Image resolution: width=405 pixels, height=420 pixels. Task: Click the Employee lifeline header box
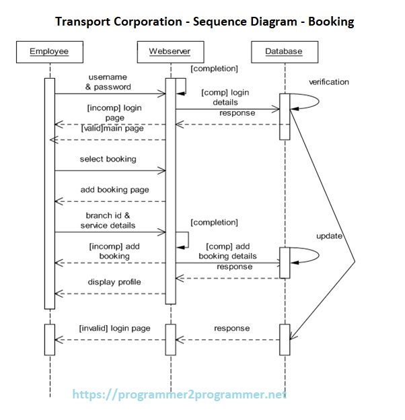coord(49,51)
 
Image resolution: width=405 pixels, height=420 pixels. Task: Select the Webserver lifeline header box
coord(170,51)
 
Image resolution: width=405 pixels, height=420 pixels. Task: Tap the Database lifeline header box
coord(283,51)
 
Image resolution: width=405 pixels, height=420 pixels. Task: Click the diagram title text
coord(205,22)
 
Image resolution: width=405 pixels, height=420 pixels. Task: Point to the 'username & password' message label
coord(108,82)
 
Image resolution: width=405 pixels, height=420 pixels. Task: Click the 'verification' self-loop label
coord(328,82)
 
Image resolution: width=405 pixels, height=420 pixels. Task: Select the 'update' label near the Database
coord(330,236)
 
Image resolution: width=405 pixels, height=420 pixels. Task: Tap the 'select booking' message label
coord(108,160)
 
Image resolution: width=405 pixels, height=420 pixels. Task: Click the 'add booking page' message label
coord(114,190)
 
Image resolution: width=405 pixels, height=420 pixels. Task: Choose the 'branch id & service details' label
coord(110,220)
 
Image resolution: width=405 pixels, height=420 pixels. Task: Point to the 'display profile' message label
coord(114,282)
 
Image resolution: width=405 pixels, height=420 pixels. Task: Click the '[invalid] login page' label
coord(114,328)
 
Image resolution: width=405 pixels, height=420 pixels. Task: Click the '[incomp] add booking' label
coord(114,251)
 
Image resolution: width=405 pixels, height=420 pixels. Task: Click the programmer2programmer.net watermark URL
coord(179,395)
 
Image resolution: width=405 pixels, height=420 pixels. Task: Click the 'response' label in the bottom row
coord(231,328)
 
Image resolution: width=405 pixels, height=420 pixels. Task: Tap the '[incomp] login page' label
coord(114,112)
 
